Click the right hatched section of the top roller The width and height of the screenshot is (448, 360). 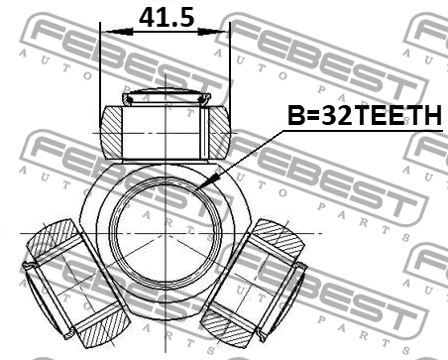tap(216, 128)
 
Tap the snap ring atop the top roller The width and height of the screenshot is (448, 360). tap(166, 97)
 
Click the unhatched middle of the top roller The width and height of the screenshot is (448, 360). tap(166, 128)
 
